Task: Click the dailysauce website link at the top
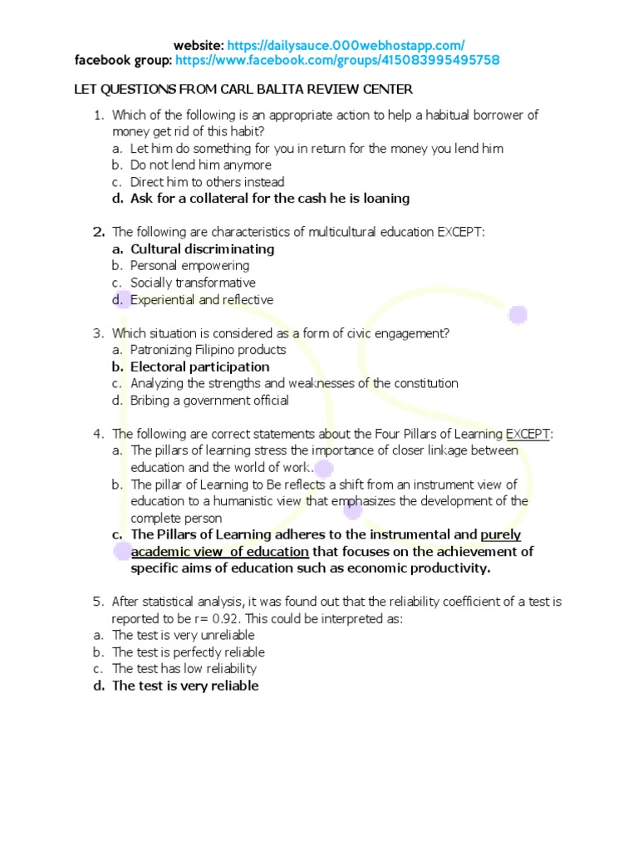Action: pos(346,45)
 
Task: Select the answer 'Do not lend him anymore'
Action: pos(200,165)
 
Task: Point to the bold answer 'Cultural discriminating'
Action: pos(203,249)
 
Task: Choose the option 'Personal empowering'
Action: pos(189,266)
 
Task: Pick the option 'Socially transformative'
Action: pos(193,283)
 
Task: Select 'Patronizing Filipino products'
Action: pos(208,350)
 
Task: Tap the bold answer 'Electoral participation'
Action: pos(199,367)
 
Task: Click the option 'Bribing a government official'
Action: pos(209,401)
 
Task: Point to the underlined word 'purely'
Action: pos(501,535)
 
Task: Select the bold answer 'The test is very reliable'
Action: pos(185,686)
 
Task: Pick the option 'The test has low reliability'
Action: pos(184,669)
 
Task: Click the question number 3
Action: pos(97,333)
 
